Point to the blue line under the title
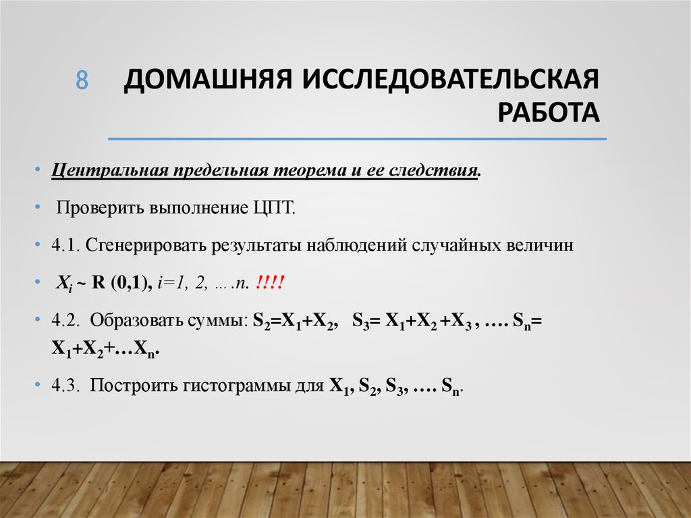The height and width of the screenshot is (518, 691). click(x=357, y=139)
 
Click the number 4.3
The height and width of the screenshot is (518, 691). click(x=66, y=386)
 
